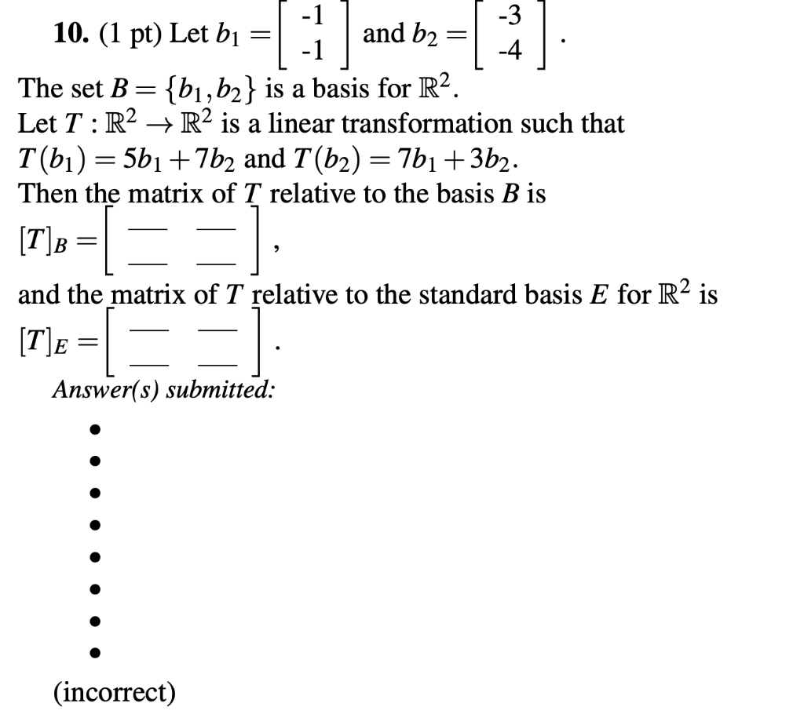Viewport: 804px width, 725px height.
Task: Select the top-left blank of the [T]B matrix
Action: point(152,225)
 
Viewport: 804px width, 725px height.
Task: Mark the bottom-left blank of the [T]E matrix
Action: point(152,364)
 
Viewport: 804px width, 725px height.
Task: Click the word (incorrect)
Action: point(115,692)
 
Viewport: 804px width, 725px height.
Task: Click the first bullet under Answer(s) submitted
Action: point(94,430)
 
